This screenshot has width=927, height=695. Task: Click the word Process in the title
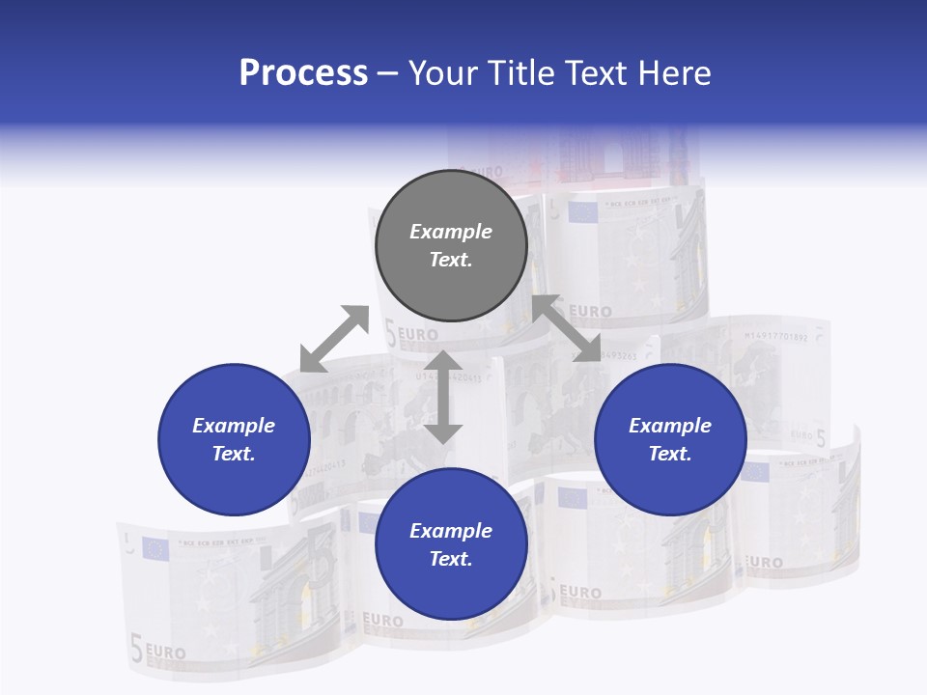(x=303, y=73)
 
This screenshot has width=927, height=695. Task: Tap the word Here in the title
(x=675, y=73)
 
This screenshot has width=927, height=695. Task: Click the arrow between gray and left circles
(x=334, y=339)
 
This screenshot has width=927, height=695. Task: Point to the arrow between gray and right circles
(x=567, y=329)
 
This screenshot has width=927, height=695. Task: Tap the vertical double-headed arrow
(x=443, y=397)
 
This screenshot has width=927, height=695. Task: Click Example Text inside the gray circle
(x=451, y=245)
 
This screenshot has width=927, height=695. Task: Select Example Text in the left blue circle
(x=234, y=439)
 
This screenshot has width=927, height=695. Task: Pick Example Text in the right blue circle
(x=670, y=439)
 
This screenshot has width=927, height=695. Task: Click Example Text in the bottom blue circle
(x=451, y=544)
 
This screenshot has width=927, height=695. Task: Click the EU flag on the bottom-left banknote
(x=154, y=549)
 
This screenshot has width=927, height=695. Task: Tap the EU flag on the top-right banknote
(x=582, y=211)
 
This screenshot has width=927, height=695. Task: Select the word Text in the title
(x=599, y=73)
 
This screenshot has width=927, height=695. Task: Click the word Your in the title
(x=443, y=73)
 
